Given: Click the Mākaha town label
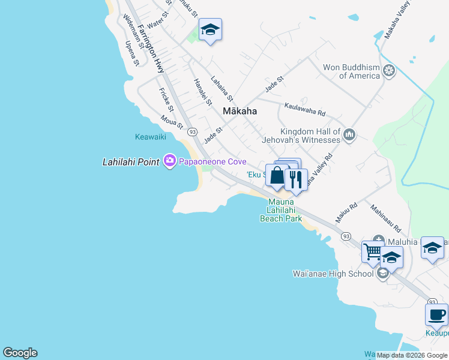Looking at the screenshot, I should [x=240, y=111].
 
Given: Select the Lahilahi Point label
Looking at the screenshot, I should [x=131, y=161].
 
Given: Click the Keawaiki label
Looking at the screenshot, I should [x=150, y=137].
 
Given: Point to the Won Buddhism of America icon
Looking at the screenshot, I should [x=389, y=71].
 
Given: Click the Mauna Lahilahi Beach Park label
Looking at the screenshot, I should [x=281, y=211].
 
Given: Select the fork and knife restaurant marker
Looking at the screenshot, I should [x=296, y=178].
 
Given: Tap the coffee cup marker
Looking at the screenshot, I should [x=436, y=314].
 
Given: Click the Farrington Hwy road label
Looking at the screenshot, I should [x=151, y=49].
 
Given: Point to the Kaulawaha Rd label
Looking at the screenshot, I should [x=305, y=109].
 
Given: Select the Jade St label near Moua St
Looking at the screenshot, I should [x=213, y=134].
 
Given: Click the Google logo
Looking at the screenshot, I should [x=20, y=353].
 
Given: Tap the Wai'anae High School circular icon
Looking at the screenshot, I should [x=382, y=274].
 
